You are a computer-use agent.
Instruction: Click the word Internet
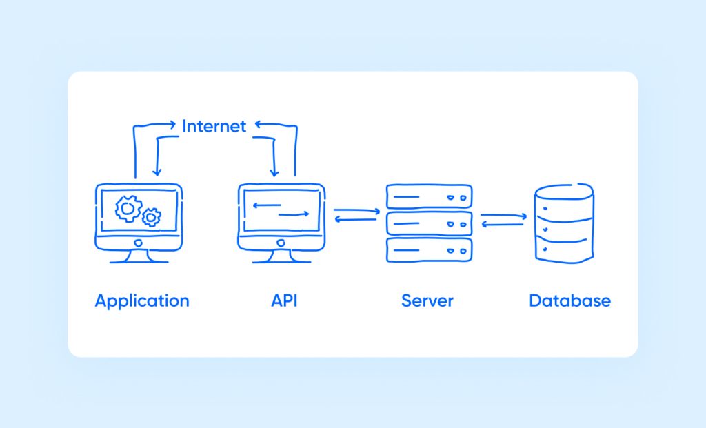coord(214,126)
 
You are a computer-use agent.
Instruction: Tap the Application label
coord(142,301)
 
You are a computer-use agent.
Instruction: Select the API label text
coord(284,301)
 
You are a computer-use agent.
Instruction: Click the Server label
coord(427,301)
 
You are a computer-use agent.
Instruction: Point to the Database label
coord(569,301)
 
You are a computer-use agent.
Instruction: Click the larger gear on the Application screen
coord(128,208)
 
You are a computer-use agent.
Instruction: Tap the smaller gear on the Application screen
coord(151,217)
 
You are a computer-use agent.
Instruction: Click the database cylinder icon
coord(564,222)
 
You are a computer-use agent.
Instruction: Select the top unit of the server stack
coord(429,196)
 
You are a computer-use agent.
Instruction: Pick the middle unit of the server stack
coord(429,223)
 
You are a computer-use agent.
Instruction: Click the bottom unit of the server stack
coord(429,249)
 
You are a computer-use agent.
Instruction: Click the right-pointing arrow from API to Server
coord(357,210)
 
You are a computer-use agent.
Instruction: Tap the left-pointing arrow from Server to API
coord(356,219)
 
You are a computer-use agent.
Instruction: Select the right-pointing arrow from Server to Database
coord(504,216)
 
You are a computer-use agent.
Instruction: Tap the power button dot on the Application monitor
coord(139,243)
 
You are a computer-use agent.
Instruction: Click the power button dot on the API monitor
coord(281,243)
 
